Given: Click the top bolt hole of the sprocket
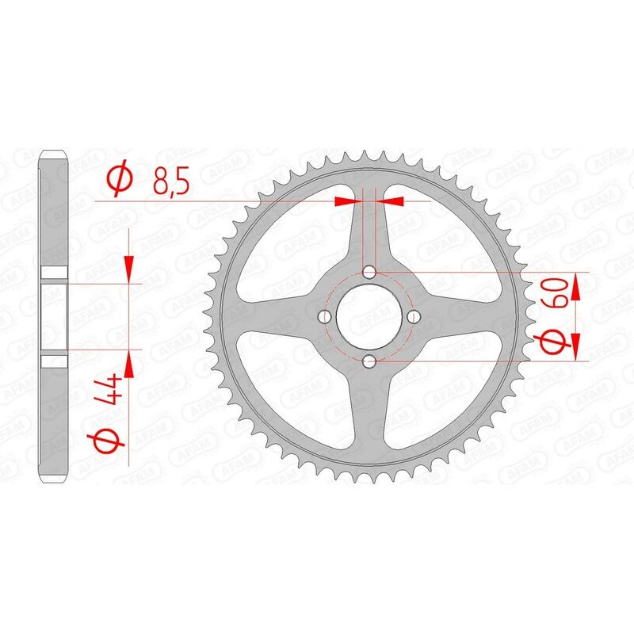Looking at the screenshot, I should [369, 273].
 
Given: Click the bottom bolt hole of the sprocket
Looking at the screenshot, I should [369, 361].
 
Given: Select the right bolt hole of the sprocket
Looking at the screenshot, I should [414, 317].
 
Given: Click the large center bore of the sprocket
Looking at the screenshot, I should [369, 317].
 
